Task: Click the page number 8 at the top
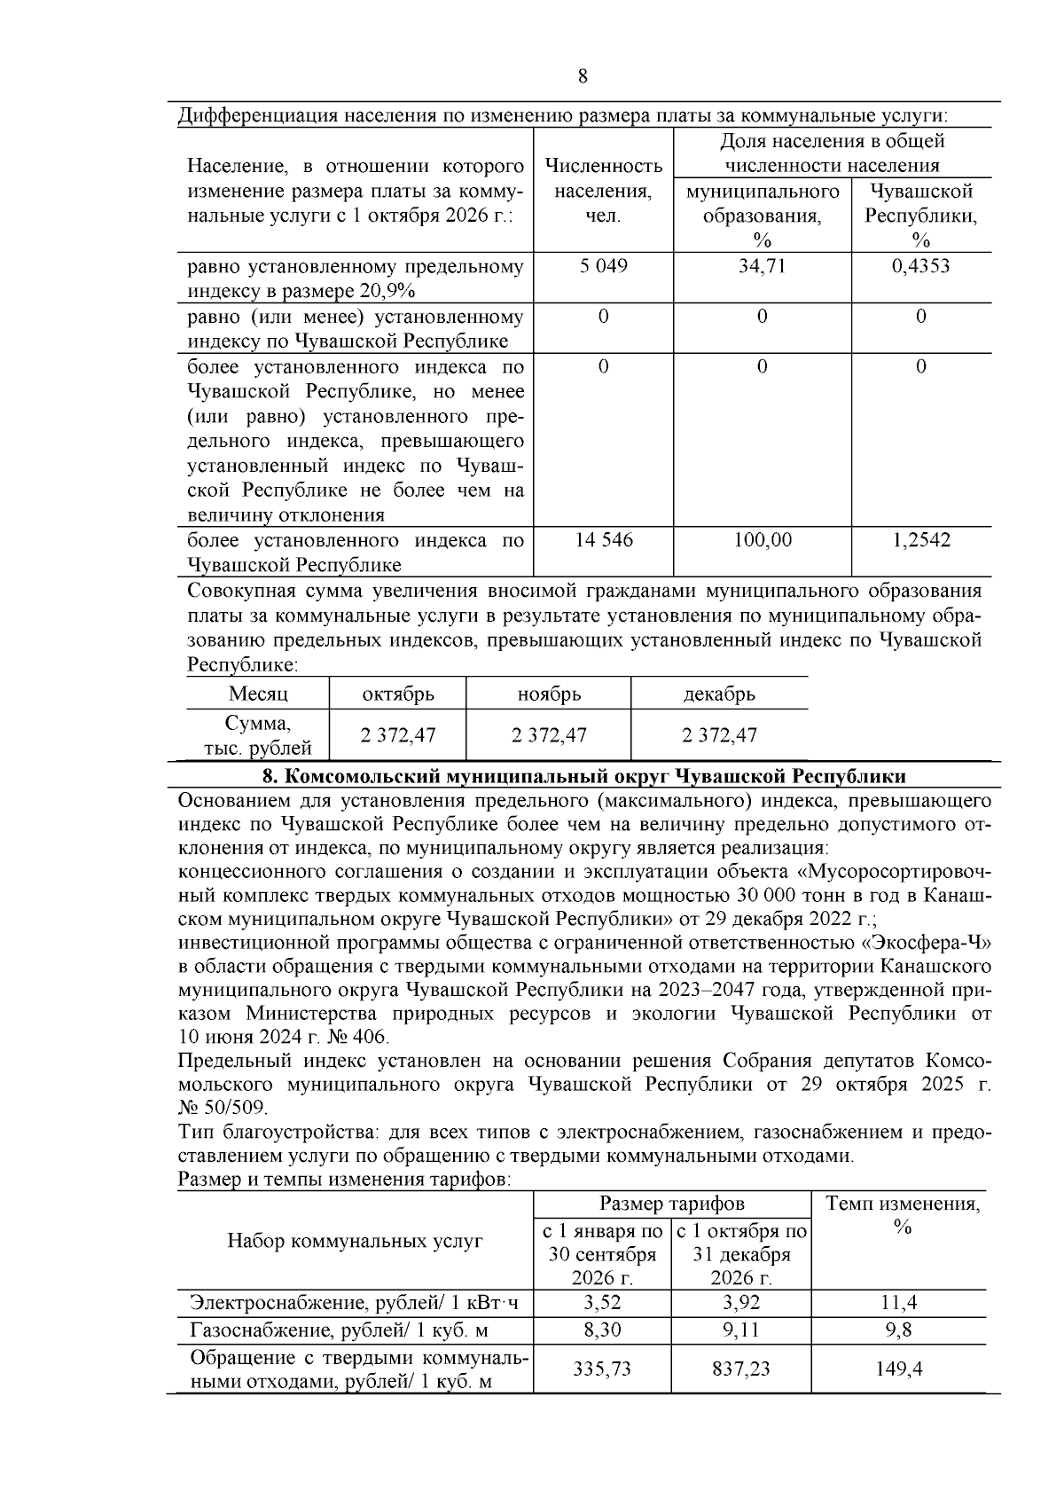click(583, 76)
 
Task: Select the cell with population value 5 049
click(603, 266)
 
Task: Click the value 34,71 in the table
click(762, 266)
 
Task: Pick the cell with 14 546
click(604, 540)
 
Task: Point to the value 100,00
click(763, 540)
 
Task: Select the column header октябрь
click(398, 694)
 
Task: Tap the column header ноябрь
click(549, 694)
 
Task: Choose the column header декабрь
click(719, 694)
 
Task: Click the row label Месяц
click(258, 694)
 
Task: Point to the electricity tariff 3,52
click(603, 1303)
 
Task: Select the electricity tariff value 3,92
click(741, 1303)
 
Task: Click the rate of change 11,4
click(899, 1303)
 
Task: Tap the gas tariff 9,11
click(741, 1330)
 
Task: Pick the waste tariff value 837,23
click(741, 1369)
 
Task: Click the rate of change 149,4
click(899, 1369)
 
